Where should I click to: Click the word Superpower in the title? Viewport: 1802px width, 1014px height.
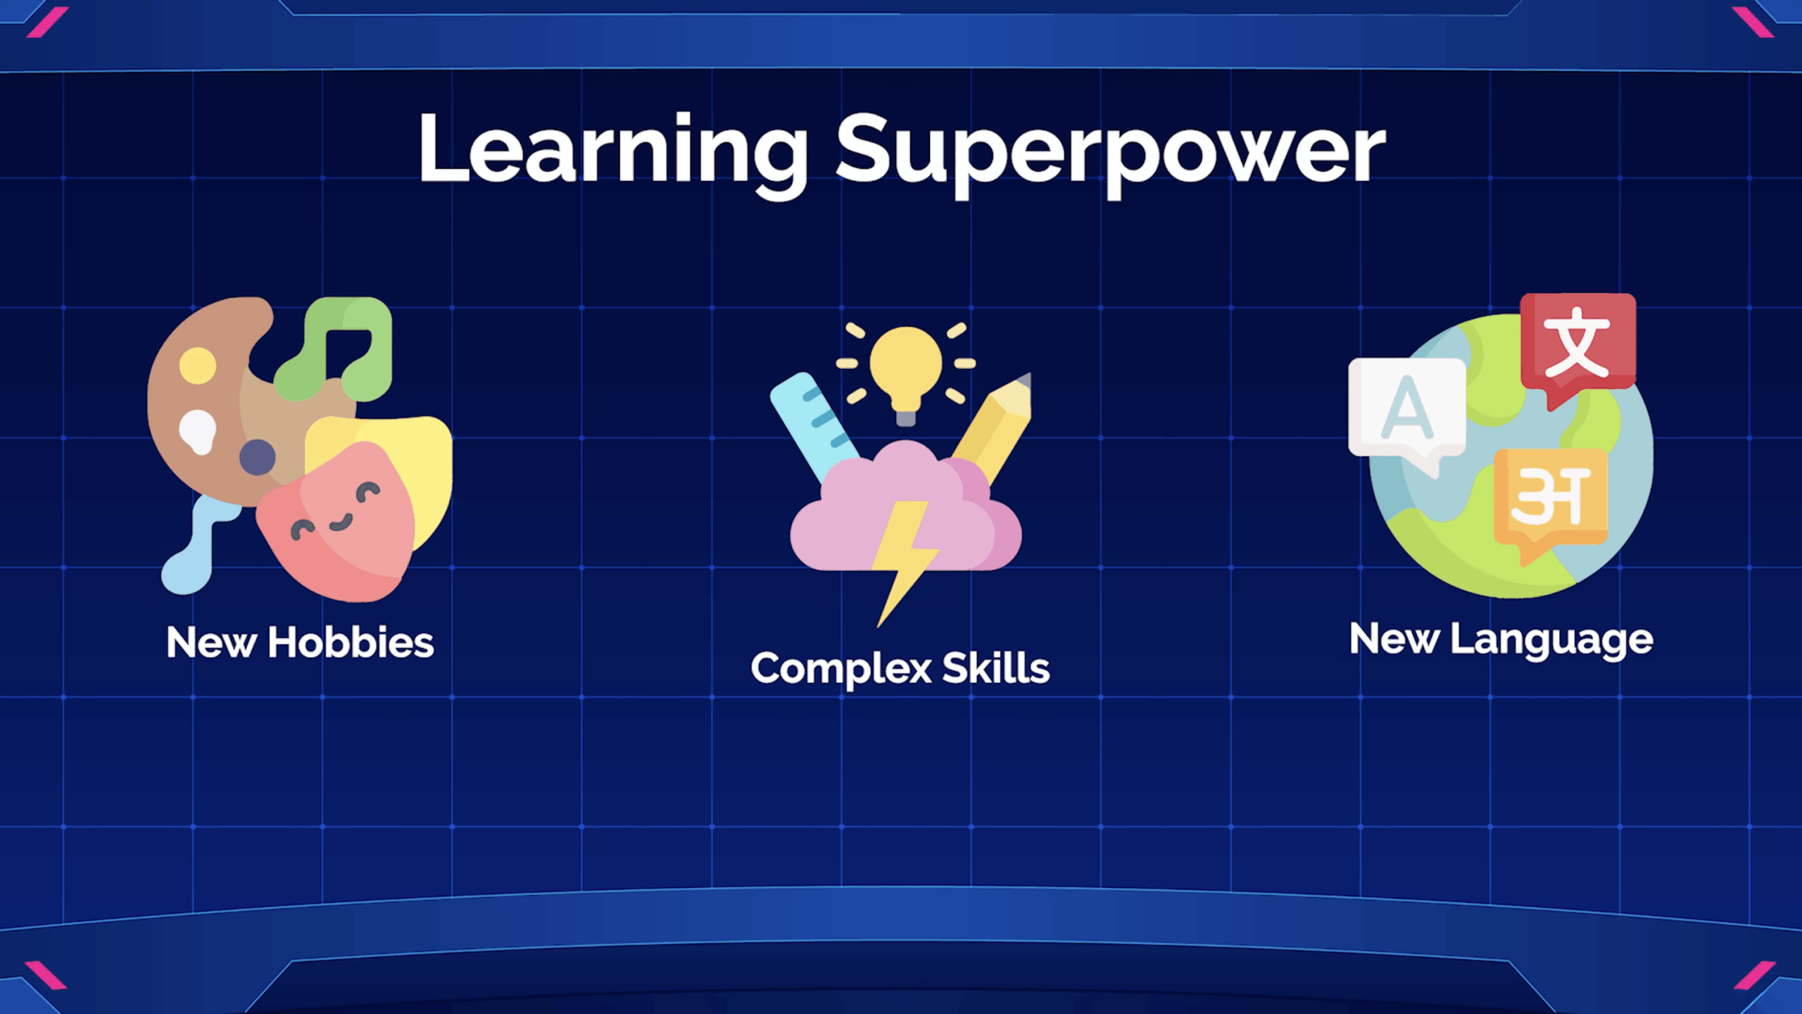point(1111,154)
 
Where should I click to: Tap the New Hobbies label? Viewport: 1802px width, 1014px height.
point(300,642)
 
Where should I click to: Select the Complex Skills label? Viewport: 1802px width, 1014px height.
point(900,668)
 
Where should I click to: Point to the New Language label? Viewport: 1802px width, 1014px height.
point(1501,640)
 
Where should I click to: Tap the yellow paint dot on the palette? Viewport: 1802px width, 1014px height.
point(198,365)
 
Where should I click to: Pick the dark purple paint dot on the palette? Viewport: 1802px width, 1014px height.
point(258,457)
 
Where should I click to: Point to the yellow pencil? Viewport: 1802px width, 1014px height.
point(993,429)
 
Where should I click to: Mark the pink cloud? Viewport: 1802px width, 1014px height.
point(907,509)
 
